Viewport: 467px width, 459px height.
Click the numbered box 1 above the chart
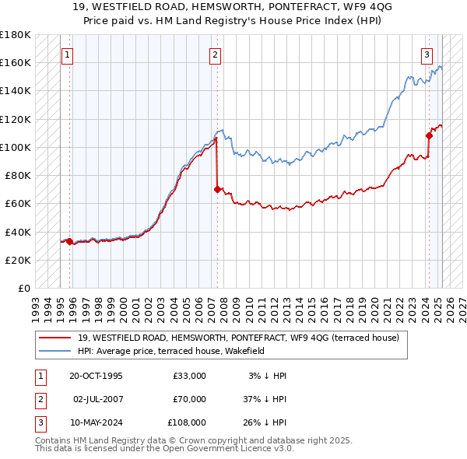(x=68, y=54)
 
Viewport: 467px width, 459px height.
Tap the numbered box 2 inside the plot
(x=215, y=54)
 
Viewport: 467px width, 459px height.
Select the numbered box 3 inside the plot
(x=427, y=54)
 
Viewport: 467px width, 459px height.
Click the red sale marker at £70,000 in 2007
(x=216, y=188)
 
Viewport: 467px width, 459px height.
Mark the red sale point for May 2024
(x=429, y=135)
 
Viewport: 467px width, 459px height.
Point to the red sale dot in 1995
(x=70, y=241)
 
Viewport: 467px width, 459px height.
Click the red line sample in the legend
(x=56, y=338)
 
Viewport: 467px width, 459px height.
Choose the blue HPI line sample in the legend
(x=56, y=351)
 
